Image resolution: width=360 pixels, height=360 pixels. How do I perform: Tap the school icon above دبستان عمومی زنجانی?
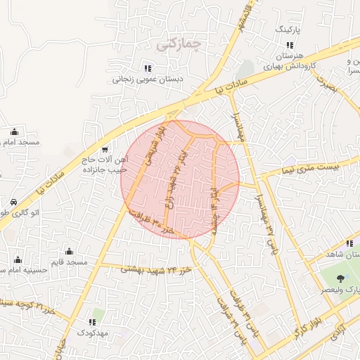click(x=148, y=68)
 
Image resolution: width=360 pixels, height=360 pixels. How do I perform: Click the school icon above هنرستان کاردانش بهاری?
click(x=281, y=45)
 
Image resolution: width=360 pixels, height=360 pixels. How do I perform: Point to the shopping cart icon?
click(x=105, y=149)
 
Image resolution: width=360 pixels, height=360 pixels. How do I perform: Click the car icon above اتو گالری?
click(x=14, y=202)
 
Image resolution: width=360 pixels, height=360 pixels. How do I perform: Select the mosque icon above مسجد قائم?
click(x=69, y=251)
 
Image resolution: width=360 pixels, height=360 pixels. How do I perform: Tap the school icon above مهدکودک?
click(x=92, y=322)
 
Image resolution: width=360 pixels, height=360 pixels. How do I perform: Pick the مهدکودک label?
click(x=91, y=332)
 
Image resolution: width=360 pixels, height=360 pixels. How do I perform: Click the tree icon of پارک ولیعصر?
click(x=341, y=279)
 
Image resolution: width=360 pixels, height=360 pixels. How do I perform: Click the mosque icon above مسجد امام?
click(x=14, y=131)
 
